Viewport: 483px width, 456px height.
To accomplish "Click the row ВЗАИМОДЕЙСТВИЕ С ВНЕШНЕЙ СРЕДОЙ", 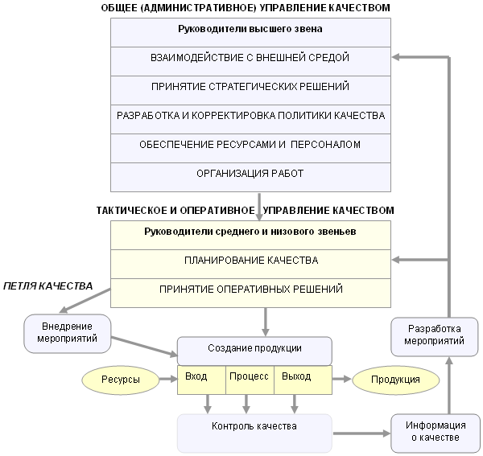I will coord(250,58).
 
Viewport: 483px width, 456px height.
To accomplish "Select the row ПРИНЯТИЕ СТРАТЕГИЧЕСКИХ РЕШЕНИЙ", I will coord(250,87).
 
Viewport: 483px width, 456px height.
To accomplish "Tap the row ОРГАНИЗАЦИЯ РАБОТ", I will coord(250,174).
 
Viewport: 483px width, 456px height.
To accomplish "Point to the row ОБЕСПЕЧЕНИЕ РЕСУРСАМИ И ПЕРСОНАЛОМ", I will coord(250,145).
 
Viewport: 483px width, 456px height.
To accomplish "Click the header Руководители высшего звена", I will coord(250,30).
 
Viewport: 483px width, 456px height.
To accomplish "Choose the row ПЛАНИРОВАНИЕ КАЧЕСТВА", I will coord(250,261).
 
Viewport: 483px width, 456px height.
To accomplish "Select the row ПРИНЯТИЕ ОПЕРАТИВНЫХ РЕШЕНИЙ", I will coord(250,290).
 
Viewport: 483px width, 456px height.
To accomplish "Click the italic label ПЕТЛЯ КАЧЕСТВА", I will coord(47,286).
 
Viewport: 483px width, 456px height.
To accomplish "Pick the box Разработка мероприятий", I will coord(435,335).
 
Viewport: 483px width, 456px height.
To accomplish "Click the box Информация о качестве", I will coord(434,433).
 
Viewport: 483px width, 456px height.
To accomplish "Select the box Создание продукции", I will coord(254,350).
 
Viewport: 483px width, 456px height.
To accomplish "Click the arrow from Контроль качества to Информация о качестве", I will coord(361,433).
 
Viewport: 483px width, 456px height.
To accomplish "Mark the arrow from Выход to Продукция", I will coord(341,379).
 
